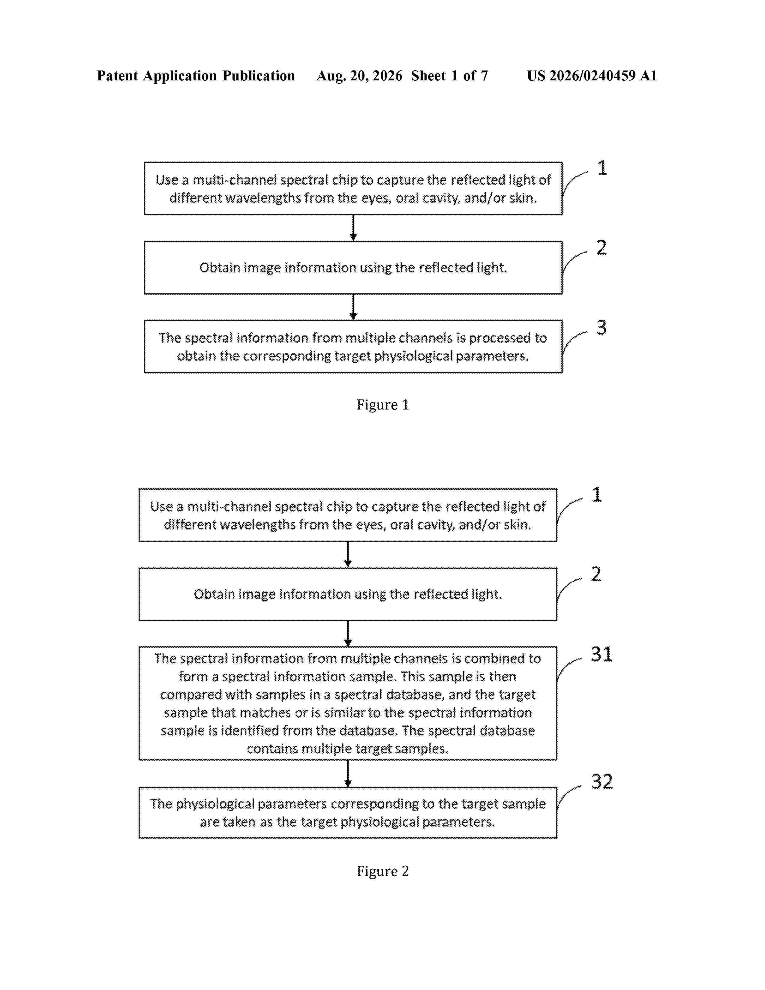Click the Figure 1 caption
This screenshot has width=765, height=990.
pyautogui.click(x=382, y=404)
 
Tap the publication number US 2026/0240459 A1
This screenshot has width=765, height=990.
pyautogui.click(x=592, y=76)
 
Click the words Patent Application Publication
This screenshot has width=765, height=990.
pyautogui.click(x=196, y=76)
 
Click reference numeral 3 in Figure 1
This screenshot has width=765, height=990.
pyautogui.click(x=601, y=327)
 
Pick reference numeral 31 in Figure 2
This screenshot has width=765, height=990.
pyautogui.click(x=601, y=654)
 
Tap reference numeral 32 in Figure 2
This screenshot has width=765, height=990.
pyautogui.click(x=602, y=781)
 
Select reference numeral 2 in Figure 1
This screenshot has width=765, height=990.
pyautogui.click(x=601, y=247)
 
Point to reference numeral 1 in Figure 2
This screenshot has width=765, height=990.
pyautogui.click(x=597, y=494)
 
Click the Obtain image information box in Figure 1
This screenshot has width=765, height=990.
pyautogui.click(x=353, y=267)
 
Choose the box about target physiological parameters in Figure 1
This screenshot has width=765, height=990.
pyautogui.click(x=353, y=346)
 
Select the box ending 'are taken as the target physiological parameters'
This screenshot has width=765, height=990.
pyautogui.click(x=348, y=812)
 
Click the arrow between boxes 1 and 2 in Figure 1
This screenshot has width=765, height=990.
pyautogui.click(x=353, y=228)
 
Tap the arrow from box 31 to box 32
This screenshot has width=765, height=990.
pyautogui.click(x=348, y=773)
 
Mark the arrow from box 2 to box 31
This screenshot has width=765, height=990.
pyautogui.click(x=348, y=633)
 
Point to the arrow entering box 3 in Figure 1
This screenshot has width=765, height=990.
pyautogui.click(x=353, y=307)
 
